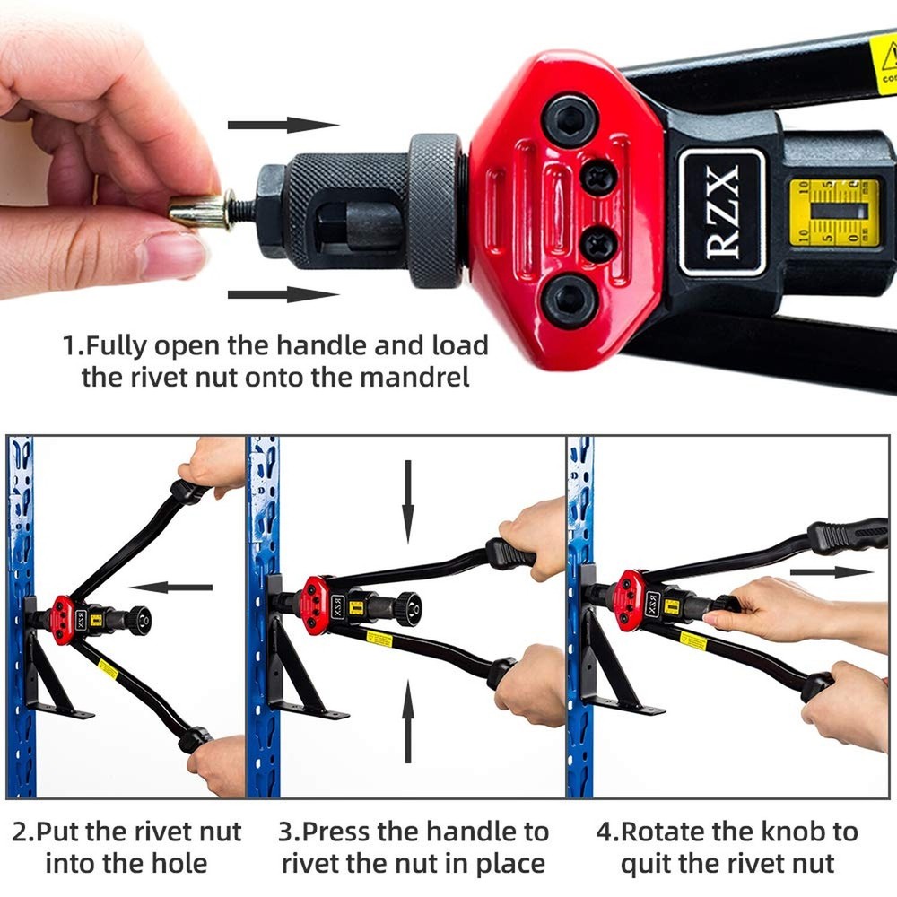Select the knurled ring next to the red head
(x=436, y=212)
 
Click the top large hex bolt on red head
(x=571, y=118)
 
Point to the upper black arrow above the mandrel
(x=283, y=125)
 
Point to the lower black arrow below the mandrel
(x=283, y=294)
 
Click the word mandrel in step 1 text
(x=414, y=377)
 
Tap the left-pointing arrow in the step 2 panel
(x=171, y=588)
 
